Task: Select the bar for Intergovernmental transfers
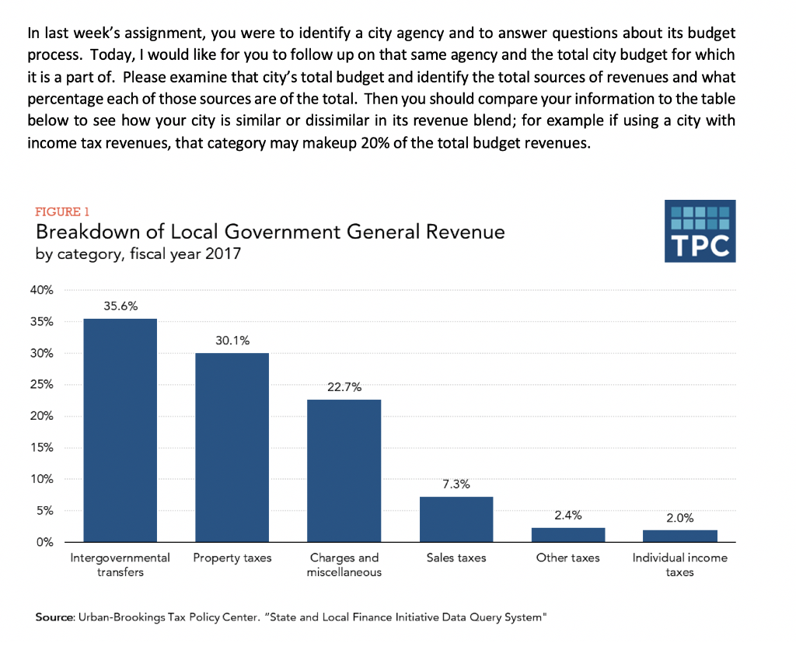pyautogui.click(x=120, y=430)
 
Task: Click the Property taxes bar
pyautogui.click(x=232, y=447)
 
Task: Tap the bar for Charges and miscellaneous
pyautogui.click(x=344, y=470)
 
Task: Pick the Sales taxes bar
pyautogui.click(x=456, y=519)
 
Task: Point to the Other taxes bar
pyautogui.click(x=568, y=534)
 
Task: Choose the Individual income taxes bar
pyautogui.click(x=680, y=535)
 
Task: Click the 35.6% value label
pyautogui.click(x=120, y=306)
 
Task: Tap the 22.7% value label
pyautogui.click(x=344, y=387)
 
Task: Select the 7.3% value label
pyautogui.click(x=456, y=484)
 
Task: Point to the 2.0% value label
pyautogui.click(x=680, y=517)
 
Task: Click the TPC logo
pyautogui.click(x=700, y=232)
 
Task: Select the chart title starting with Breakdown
pyautogui.click(x=270, y=232)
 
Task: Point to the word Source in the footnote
pyautogui.click(x=54, y=617)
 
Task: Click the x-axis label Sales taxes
pyautogui.click(x=456, y=558)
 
